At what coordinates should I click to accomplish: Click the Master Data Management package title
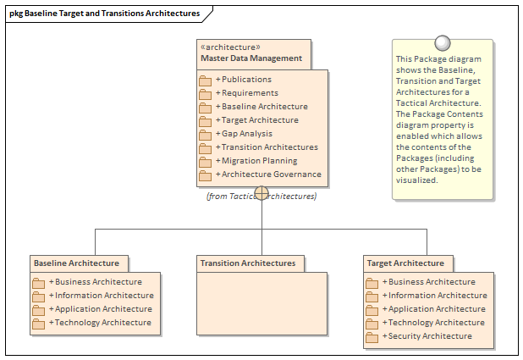click(251, 58)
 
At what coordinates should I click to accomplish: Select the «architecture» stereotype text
click(230, 47)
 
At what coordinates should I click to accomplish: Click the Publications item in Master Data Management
click(246, 80)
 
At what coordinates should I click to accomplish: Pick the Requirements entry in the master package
click(250, 93)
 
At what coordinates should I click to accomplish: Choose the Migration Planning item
click(259, 161)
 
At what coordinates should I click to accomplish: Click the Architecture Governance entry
click(271, 174)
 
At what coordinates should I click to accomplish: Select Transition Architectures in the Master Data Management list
click(269, 147)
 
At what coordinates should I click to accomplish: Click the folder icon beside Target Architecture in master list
click(205, 121)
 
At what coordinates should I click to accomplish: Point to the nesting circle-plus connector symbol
click(261, 194)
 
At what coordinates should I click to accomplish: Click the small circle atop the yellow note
click(441, 42)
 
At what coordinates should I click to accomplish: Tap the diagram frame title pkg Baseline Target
click(104, 14)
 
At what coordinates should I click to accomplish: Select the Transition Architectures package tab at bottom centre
click(248, 263)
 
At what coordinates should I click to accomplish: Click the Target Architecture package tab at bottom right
click(406, 263)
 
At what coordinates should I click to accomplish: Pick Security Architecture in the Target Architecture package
click(430, 336)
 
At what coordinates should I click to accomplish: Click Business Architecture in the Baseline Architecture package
click(98, 282)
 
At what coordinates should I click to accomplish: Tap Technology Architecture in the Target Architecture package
click(436, 323)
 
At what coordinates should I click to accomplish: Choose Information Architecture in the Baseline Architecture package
click(103, 296)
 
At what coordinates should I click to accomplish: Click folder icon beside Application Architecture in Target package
click(372, 310)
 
